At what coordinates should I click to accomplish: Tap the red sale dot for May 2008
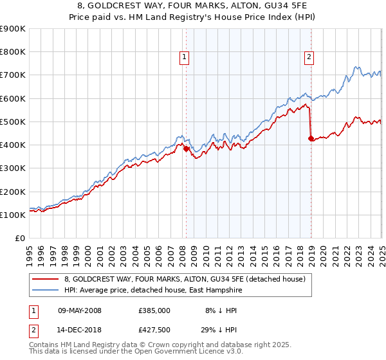click(x=186, y=148)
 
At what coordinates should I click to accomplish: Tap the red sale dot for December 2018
click(x=311, y=138)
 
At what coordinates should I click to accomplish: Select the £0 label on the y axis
click(x=20, y=239)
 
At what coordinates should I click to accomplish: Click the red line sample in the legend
click(x=46, y=279)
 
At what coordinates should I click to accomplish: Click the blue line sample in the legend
click(x=46, y=291)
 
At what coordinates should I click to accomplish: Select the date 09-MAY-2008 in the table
click(x=79, y=310)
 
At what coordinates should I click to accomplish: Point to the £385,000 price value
click(x=154, y=310)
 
